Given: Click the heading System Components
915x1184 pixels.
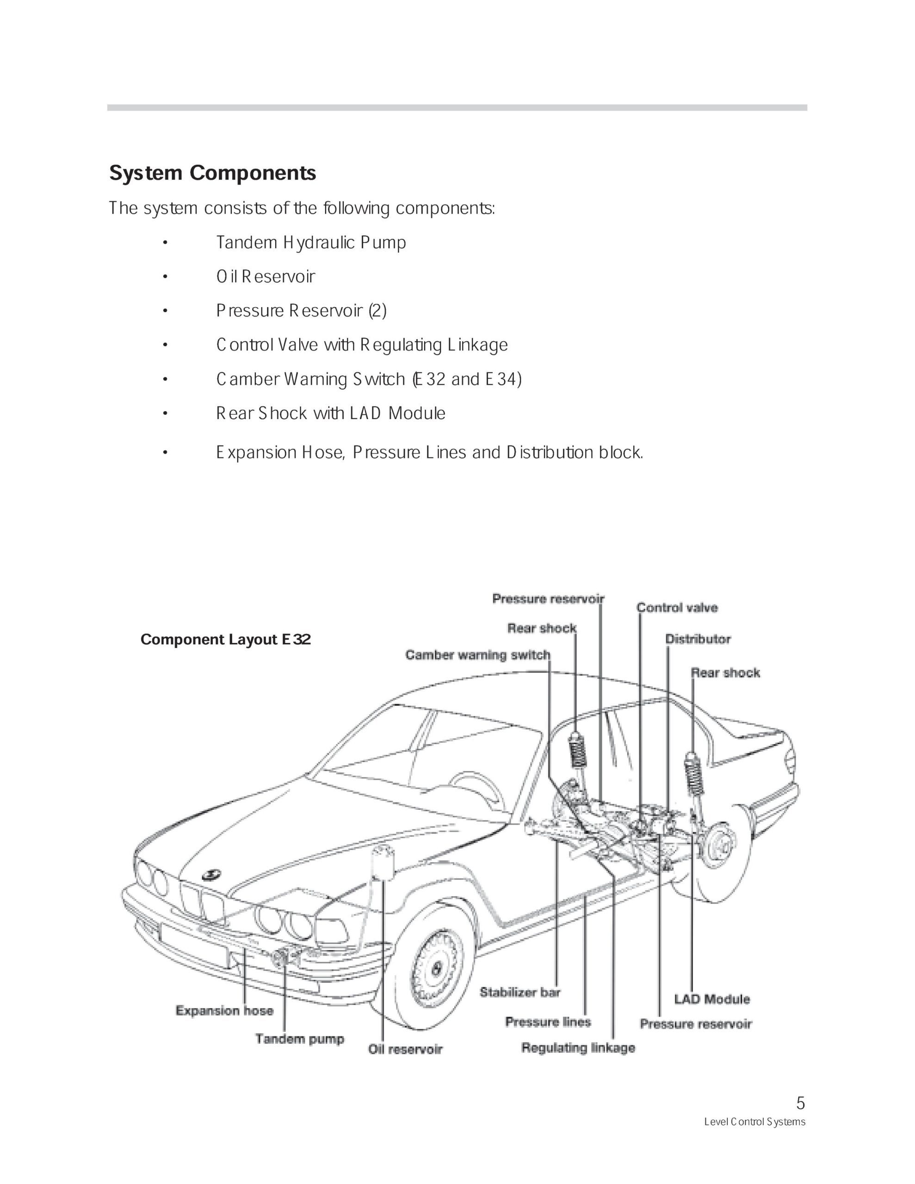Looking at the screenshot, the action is click(213, 173).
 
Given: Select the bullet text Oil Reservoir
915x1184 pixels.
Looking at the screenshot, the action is click(265, 277).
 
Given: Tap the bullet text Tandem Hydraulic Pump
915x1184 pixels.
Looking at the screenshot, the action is click(311, 242).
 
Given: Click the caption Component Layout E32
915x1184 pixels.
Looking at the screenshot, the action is click(226, 640).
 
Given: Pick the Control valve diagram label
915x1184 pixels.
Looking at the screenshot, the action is click(677, 608).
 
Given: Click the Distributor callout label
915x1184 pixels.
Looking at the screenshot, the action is click(698, 639).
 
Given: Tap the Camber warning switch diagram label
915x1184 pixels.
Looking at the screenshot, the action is click(478, 655).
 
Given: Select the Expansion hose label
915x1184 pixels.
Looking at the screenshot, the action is click(224, 1011).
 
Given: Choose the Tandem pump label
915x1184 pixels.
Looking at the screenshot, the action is click(300, 1039).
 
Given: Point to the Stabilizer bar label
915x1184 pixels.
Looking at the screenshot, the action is click(520, 993).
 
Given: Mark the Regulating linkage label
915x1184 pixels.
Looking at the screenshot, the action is click(578, 1048).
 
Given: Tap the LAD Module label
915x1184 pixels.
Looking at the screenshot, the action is click(712, 999).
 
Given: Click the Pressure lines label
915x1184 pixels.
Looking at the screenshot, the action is click(548, 1022).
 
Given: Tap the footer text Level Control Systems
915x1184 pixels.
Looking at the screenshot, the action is click(754, 1122).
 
